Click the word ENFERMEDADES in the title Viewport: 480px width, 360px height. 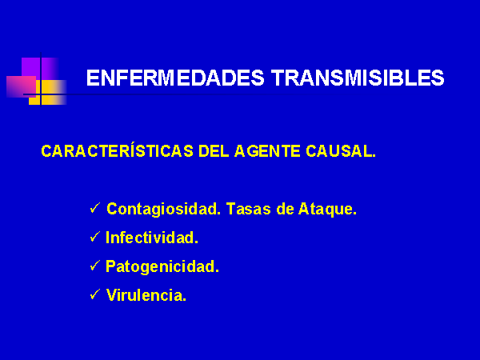point(175,78)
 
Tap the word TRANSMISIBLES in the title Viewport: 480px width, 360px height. point(358,78)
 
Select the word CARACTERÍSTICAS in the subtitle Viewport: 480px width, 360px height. point(118,150)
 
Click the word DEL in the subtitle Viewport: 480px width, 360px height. point(214,151)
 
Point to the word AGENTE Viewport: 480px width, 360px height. point(267,151)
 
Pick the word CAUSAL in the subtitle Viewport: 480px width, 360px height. point(341,151)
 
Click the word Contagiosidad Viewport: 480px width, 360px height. point(164,210)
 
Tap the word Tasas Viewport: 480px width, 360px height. point(249,209)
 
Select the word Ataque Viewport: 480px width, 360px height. point(327,210)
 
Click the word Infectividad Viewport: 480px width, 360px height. point(152,238)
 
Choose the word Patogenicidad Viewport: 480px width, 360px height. point(162,266)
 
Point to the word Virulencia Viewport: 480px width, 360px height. point(146,295)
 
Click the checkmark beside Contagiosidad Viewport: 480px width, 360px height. point(95,208)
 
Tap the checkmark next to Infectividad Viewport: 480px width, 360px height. point(95,237)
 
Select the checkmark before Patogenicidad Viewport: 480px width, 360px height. point(95,266)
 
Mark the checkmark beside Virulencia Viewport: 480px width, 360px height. point(95,294)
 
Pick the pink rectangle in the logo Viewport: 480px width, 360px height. point(21,86)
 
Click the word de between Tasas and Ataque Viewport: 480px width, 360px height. point(284,209)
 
